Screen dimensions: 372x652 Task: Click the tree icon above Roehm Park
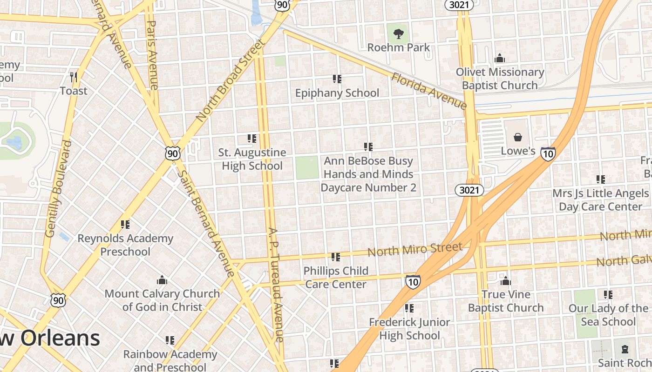pyautogui.click(x=398, y=33)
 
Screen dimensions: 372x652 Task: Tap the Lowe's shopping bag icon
pyautogui.click(x=517, y=137)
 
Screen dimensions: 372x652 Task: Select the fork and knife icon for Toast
pyautogui.click(x=73, y=77)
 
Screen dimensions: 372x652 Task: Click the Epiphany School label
pyautogui.click(x=337, y=93)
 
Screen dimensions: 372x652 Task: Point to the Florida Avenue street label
pyautogui.click(x=428, y=91)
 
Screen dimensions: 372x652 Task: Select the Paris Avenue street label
pyautogui.click(x=152, y=55)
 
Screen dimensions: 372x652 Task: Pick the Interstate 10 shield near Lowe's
pyautogui.click(x=548, y=153)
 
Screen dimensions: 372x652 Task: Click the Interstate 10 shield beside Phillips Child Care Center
pyautogui.click(x=413, y=281)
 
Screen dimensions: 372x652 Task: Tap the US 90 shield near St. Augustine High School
pyautogui.click(x=172, y=153)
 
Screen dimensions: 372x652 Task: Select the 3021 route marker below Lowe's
pyautogui.click(x=470, y=190)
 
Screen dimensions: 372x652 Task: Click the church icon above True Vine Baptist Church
pyautogui.click(x=505, y=281)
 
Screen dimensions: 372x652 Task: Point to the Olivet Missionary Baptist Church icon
pyautogui.click(x=500, y=58)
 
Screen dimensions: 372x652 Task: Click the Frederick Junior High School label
pyautogui.click(x=409, y=329)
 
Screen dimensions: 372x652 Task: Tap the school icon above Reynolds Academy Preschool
pyautogui.click(x=125, y=225)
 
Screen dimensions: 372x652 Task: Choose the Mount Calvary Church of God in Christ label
pyautogui.click(x=162, y=300)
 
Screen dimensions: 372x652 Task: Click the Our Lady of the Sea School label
pyautogui.click(x=608, y=315)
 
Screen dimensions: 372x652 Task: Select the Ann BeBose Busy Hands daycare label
pyautogui.click(x=368, y=174)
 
